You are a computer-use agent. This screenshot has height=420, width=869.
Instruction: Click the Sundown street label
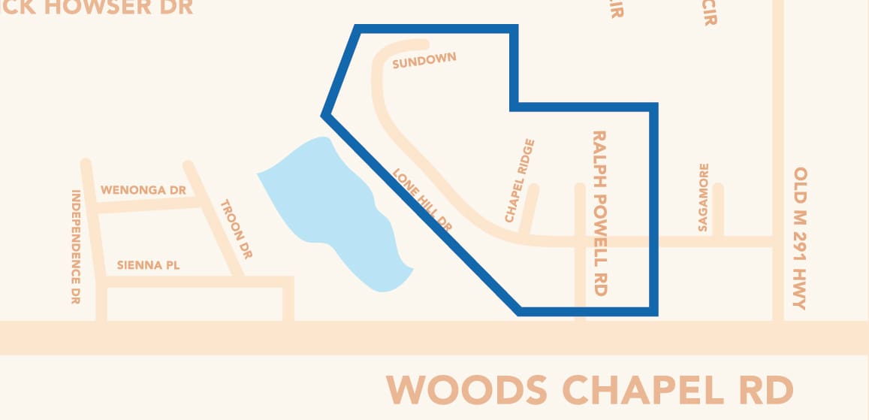[424, 61]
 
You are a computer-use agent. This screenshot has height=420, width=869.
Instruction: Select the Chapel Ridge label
[520, 180]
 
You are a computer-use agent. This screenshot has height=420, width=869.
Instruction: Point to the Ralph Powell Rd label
[599, 213]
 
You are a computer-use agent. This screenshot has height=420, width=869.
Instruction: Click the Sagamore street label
[703, 197]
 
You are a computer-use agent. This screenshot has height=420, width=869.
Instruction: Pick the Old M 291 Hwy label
[801, 238]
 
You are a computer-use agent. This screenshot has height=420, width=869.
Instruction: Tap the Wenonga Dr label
[143, 190]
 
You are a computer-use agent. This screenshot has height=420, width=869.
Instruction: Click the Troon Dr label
[236, 229]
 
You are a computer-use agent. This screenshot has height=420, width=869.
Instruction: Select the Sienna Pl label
[149, 265]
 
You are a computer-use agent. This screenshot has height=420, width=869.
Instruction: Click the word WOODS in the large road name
[466, 390]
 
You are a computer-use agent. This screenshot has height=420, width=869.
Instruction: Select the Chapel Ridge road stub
[530, 210]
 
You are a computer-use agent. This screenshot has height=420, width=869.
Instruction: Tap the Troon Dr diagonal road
[214, 218]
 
